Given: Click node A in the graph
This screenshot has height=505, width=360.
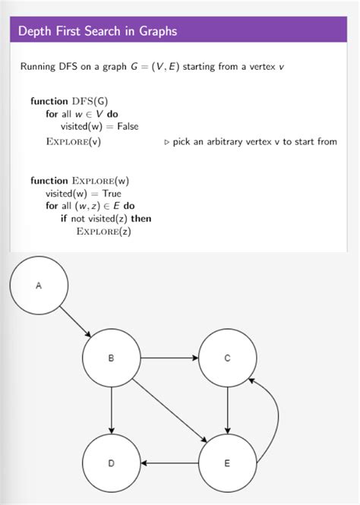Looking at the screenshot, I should (39, 286).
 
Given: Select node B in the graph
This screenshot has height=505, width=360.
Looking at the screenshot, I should (112, 358).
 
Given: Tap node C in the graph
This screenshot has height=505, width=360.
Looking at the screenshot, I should (228, 358).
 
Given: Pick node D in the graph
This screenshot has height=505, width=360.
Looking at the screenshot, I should (112, 462).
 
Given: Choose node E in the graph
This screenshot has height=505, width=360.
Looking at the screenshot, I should (228, 462).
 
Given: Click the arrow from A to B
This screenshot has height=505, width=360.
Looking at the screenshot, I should (76, 322).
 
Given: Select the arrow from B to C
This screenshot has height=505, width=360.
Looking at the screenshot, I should (169, 358).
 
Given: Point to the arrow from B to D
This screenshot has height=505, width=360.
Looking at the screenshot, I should (112, 410).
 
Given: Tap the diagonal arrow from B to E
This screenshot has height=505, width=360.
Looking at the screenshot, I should (169, 410).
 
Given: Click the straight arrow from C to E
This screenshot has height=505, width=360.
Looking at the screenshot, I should (228, 410).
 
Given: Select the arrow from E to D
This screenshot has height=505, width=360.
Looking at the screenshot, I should (169, 462).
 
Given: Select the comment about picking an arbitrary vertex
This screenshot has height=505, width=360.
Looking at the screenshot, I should (251, 142).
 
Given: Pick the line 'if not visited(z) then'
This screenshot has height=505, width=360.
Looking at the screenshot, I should (106, 219).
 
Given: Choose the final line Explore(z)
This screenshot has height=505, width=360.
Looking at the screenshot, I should (104, 232).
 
